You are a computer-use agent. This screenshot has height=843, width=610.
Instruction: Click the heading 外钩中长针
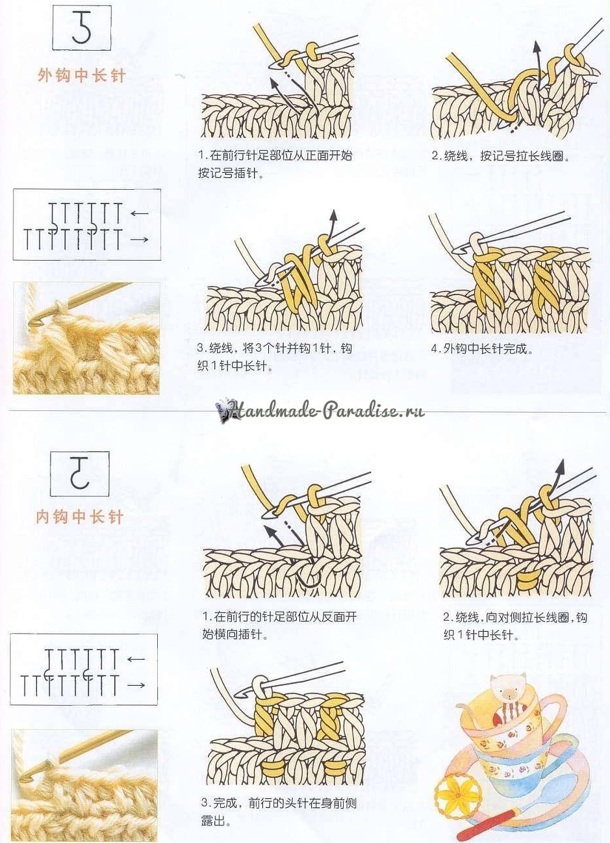pyautogui.click(x=81, y=75)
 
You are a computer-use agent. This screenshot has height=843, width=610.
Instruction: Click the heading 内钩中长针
pyautogui.click(x=79, y=516)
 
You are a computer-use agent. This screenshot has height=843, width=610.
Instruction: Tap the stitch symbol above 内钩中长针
pyautogui.click(x=79, y=473)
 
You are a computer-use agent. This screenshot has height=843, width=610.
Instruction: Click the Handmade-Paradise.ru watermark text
pyautogui.click(x=327, y=411)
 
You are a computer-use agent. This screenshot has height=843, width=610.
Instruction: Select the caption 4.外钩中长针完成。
pyautogui.click(x=482, y=349)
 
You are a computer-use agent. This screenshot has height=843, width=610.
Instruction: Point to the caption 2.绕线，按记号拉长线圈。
pyautogui.click(x=500, y=156)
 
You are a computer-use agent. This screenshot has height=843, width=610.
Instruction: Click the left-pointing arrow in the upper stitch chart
pyautogui.click(x=139, y=214)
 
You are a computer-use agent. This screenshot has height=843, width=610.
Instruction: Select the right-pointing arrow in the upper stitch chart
pyautogui.click(x=140, y=239)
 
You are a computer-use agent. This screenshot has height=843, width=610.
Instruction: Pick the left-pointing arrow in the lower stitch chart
pyautogui.click(x=136, y=659)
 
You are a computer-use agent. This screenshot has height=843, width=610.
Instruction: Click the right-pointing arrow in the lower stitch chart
pyautogui.click(x=136, y=685)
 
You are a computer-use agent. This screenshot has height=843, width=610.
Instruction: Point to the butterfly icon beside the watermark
pyautogui.click(x=223, y=410)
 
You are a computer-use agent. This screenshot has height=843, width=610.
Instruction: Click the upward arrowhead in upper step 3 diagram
pyautogui.click(x=333, y=214)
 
